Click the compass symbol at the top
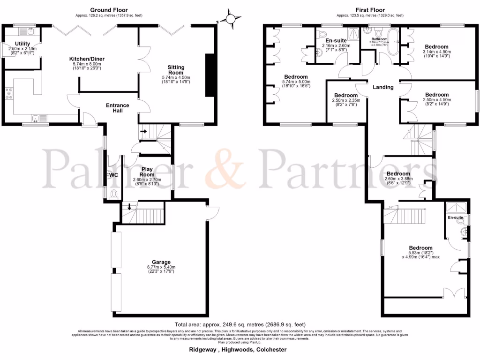coord(231,19)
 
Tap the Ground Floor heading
coord(109,10)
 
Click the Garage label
coord(161,262)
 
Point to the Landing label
coord(383,87)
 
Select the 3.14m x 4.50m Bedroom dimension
coord(436,52)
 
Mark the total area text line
coord(240,324)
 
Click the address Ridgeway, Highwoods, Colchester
coord(238,350)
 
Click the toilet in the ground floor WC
coord(113,194)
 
